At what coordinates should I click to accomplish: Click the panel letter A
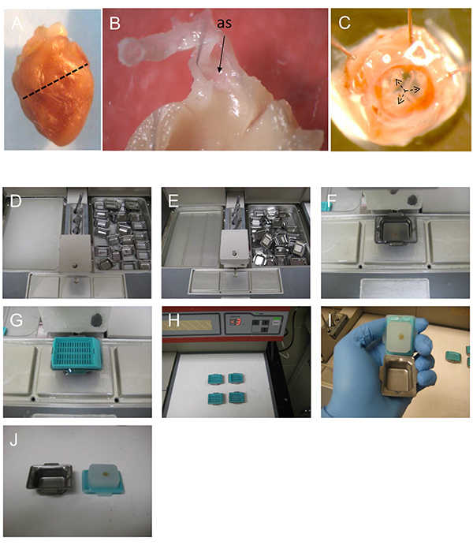17,24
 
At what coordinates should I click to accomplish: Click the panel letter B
115,24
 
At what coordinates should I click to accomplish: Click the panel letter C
345,23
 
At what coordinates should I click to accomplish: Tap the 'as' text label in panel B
225,23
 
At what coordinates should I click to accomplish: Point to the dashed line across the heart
55,81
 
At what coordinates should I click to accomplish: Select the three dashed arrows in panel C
406,91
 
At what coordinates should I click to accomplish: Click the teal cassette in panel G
76,354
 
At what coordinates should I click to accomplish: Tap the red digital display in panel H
236,322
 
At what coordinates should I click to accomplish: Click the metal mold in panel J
50,479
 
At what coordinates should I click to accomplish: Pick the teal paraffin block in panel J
102,478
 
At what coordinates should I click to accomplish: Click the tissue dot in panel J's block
104,473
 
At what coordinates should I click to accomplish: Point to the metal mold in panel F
396,230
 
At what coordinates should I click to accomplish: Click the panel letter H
173,320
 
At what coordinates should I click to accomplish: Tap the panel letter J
14,439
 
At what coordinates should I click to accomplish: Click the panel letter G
16,320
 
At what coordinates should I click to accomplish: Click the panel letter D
16,201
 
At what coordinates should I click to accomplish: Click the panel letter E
173,201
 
